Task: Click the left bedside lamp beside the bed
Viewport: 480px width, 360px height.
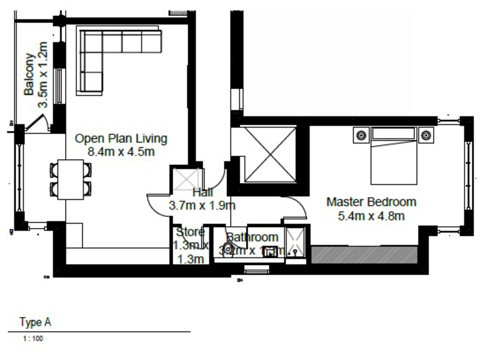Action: click(361, 134)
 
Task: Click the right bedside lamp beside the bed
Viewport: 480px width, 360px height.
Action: click(426, 134)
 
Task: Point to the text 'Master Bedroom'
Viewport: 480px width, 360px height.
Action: click(371, 202)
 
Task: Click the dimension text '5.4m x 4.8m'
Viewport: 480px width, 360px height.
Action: click(371, 216)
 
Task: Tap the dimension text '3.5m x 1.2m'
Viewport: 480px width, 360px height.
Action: click(42, 75)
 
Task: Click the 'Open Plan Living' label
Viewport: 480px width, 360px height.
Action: click(121, 138)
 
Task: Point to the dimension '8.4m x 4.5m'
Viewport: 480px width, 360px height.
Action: click(121, 151)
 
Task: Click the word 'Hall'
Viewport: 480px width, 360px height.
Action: click(202, 192)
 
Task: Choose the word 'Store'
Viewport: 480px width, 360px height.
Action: click(189, 232)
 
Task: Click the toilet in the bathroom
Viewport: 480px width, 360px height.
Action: click(229, 249)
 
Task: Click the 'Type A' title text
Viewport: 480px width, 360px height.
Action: click(35, 322)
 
